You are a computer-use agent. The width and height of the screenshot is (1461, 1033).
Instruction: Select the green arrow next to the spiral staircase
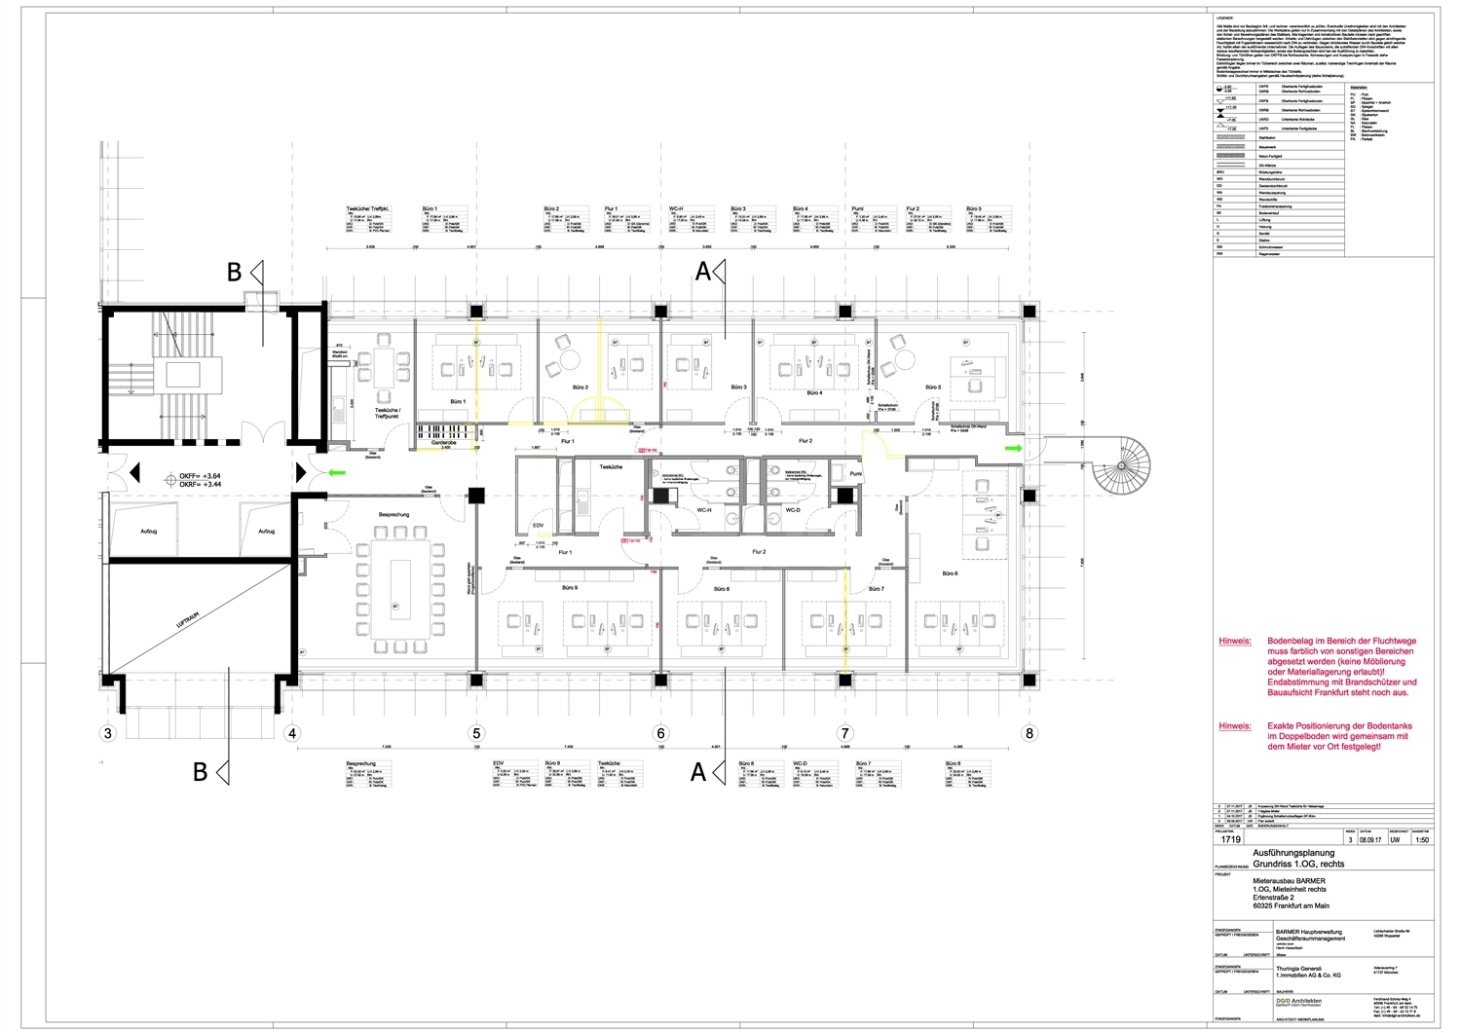coord(1013,449)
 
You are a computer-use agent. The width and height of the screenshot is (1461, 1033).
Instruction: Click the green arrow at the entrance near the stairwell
coord(337,473)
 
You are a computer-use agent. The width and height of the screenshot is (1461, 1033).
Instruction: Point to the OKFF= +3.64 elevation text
coord(206,474)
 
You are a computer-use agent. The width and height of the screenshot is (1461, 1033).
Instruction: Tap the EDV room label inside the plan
coord(538,526)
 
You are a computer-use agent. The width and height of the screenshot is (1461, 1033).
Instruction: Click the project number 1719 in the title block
coord(1230,837)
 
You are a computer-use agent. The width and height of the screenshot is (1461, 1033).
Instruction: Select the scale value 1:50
coord(1421,837)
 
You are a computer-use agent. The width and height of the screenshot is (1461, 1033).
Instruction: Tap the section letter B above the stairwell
coord(234,274)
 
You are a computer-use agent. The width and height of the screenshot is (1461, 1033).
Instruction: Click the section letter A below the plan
coord(697,772)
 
